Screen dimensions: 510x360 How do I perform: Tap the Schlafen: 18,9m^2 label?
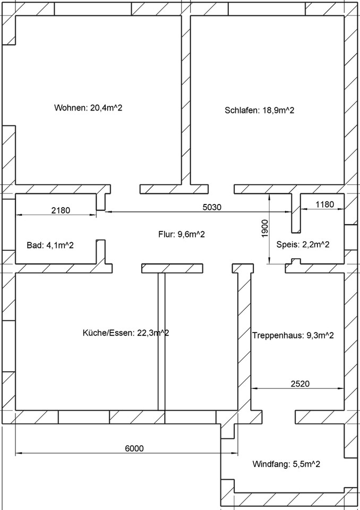point(260,110)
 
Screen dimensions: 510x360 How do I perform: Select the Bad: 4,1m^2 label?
point(50,245)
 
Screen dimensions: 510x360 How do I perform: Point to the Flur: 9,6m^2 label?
point(182,234)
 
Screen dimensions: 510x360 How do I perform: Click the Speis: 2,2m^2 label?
point(303,245)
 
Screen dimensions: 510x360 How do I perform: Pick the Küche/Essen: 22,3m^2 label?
point(126,333)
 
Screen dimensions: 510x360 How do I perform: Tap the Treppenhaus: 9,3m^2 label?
point(293,335)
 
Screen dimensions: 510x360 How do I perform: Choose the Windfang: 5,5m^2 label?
point(286,464)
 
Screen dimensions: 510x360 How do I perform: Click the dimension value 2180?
point(61,210)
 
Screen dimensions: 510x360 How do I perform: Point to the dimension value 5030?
point(212,207)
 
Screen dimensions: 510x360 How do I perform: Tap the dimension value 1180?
point(324,205)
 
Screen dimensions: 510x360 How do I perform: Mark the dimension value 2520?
point(300,382)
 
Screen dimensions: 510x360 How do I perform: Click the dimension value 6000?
point(134,448)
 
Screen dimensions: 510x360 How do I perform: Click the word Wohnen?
point(70,108)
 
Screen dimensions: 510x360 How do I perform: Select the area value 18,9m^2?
point(277,110)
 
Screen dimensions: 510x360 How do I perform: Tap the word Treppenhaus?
point(277,335)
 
